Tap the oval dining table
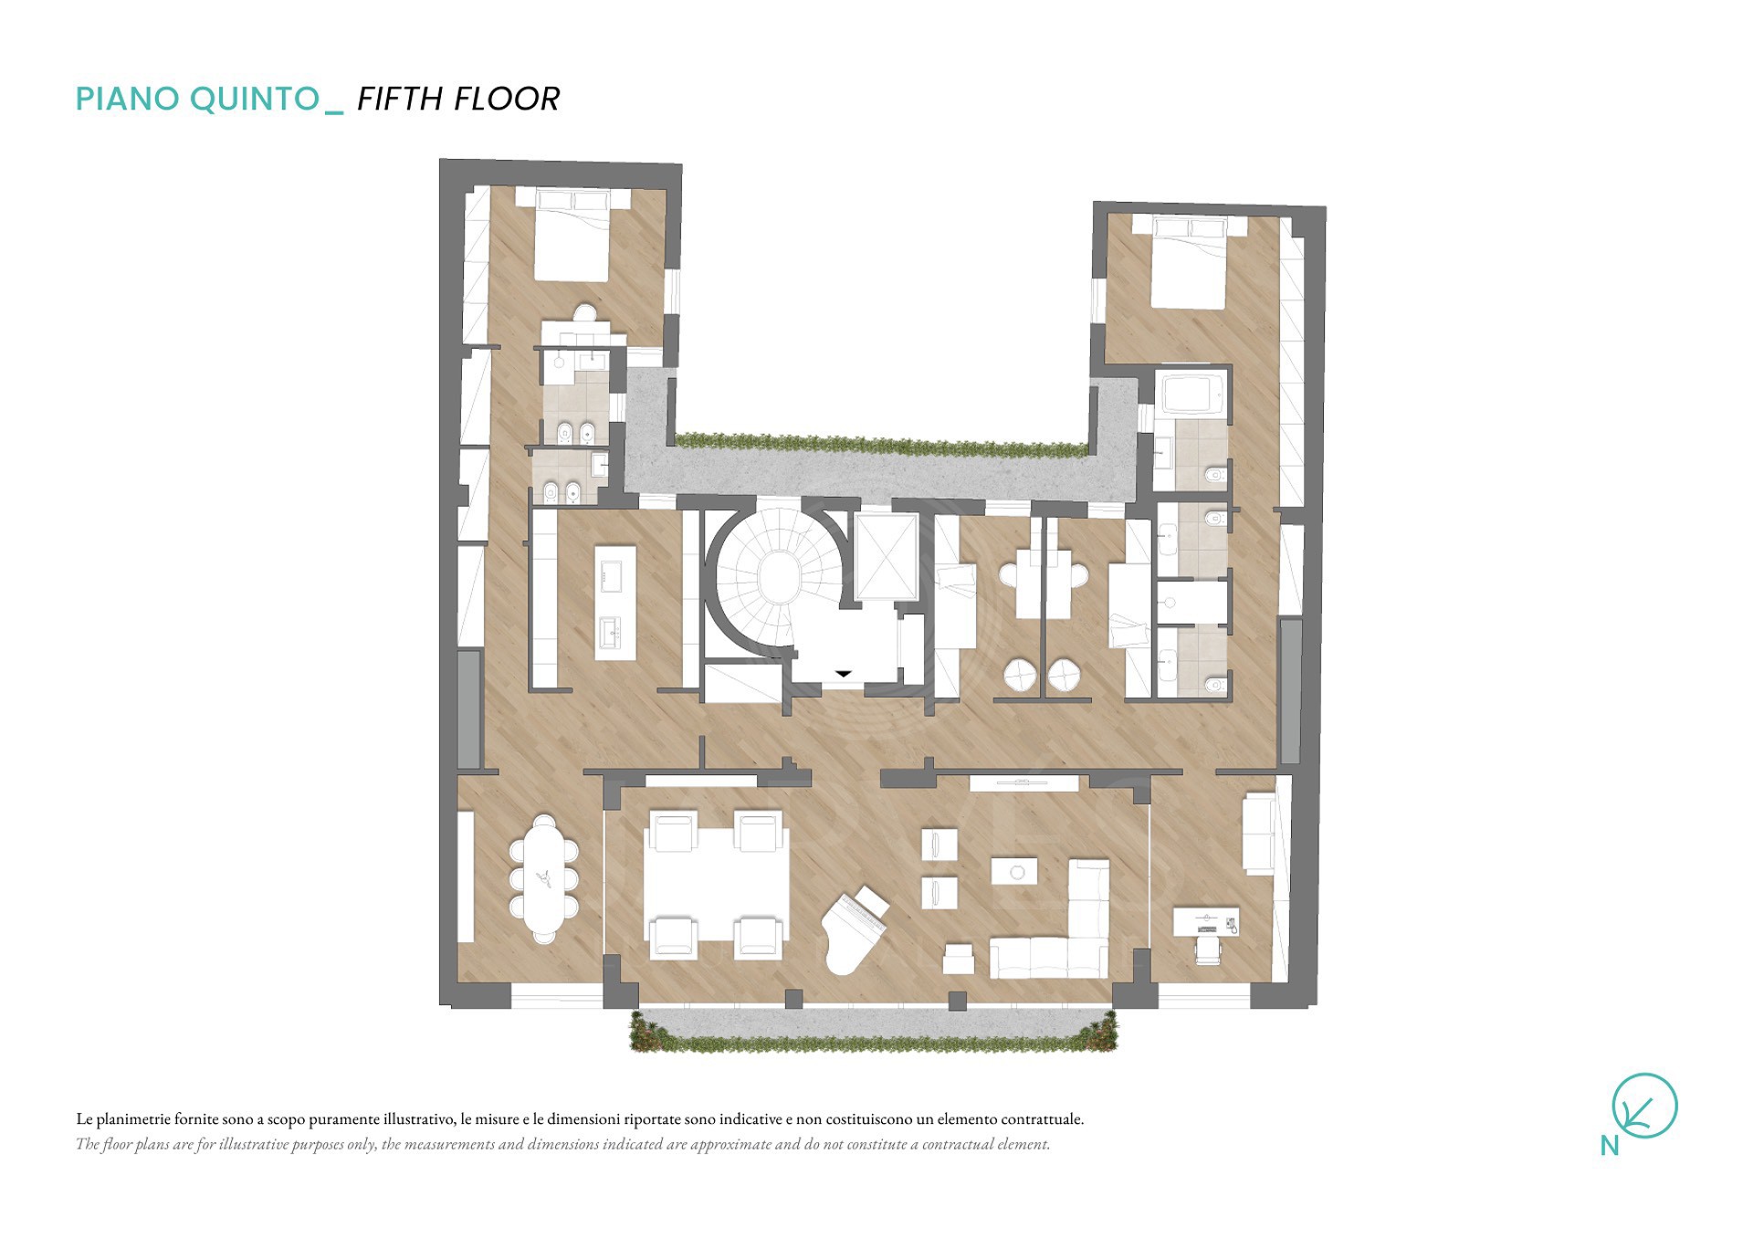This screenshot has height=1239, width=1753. pos(544,878)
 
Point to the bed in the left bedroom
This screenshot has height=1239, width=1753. pos(572,234)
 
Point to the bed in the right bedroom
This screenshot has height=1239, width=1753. pos(1189,262)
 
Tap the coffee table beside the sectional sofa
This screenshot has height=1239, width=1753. pos(1014,871)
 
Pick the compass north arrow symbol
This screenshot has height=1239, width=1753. pos(1644,1106)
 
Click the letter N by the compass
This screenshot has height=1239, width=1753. pos(1609,1146)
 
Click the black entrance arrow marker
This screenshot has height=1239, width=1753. pos(844,674)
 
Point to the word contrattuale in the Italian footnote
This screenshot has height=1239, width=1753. pos(1042,1119)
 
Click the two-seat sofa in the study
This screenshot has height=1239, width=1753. pos(1258,834)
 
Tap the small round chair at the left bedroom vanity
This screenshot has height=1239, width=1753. pos(584,313)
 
